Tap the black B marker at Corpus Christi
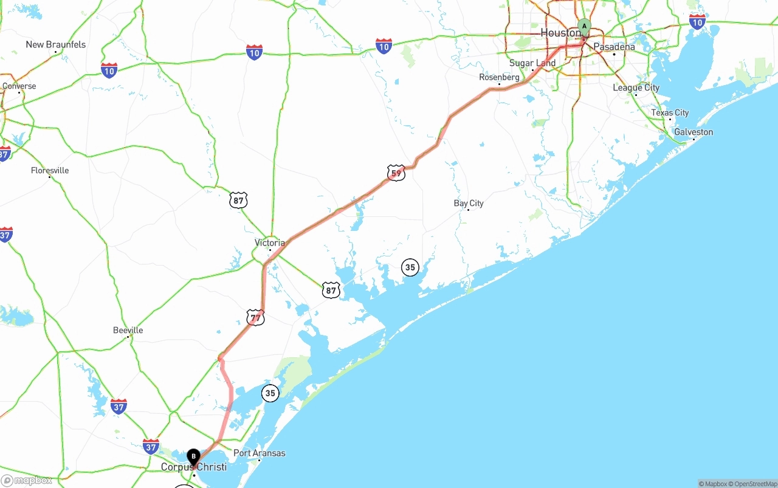(193, 456)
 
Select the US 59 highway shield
(396, 173)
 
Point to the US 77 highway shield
(255, 317)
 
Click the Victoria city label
(269, 242)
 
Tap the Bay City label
(469, 203)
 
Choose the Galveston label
(694, 132)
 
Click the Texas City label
(670, 112)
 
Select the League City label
(636, 88)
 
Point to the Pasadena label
(614, 47)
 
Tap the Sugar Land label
(532, 63)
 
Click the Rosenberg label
(499, 77)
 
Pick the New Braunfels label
(55, 44)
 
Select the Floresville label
(50, 170)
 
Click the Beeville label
(128, 330)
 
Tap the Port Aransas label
(260, 453)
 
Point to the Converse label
(19, 86)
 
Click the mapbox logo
(27, 481)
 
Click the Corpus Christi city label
(193, 467)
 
